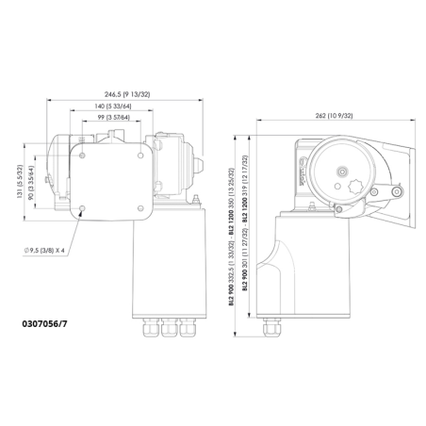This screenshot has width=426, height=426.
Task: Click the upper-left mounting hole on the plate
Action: tap(83, 154)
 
